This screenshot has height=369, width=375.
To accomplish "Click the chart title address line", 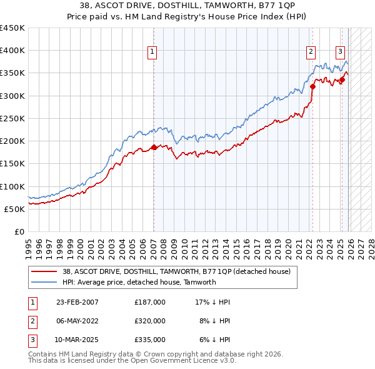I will pos(187,6).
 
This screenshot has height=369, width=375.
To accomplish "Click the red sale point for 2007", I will pos(154,148).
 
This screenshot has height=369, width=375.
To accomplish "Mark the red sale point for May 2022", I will pos(312,87).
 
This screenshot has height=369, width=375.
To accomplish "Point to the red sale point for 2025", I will pos(342,80).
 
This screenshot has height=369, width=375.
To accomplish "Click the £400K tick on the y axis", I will pos(12,51).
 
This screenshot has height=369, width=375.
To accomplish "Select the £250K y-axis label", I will pos(12,118).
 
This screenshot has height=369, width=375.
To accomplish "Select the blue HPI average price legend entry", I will pos(139,282).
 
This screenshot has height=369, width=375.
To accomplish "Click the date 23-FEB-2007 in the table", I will pos(77,302).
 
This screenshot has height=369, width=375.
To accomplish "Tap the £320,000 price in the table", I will pos(150,321).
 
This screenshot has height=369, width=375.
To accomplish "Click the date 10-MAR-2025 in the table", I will pos(77,340).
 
